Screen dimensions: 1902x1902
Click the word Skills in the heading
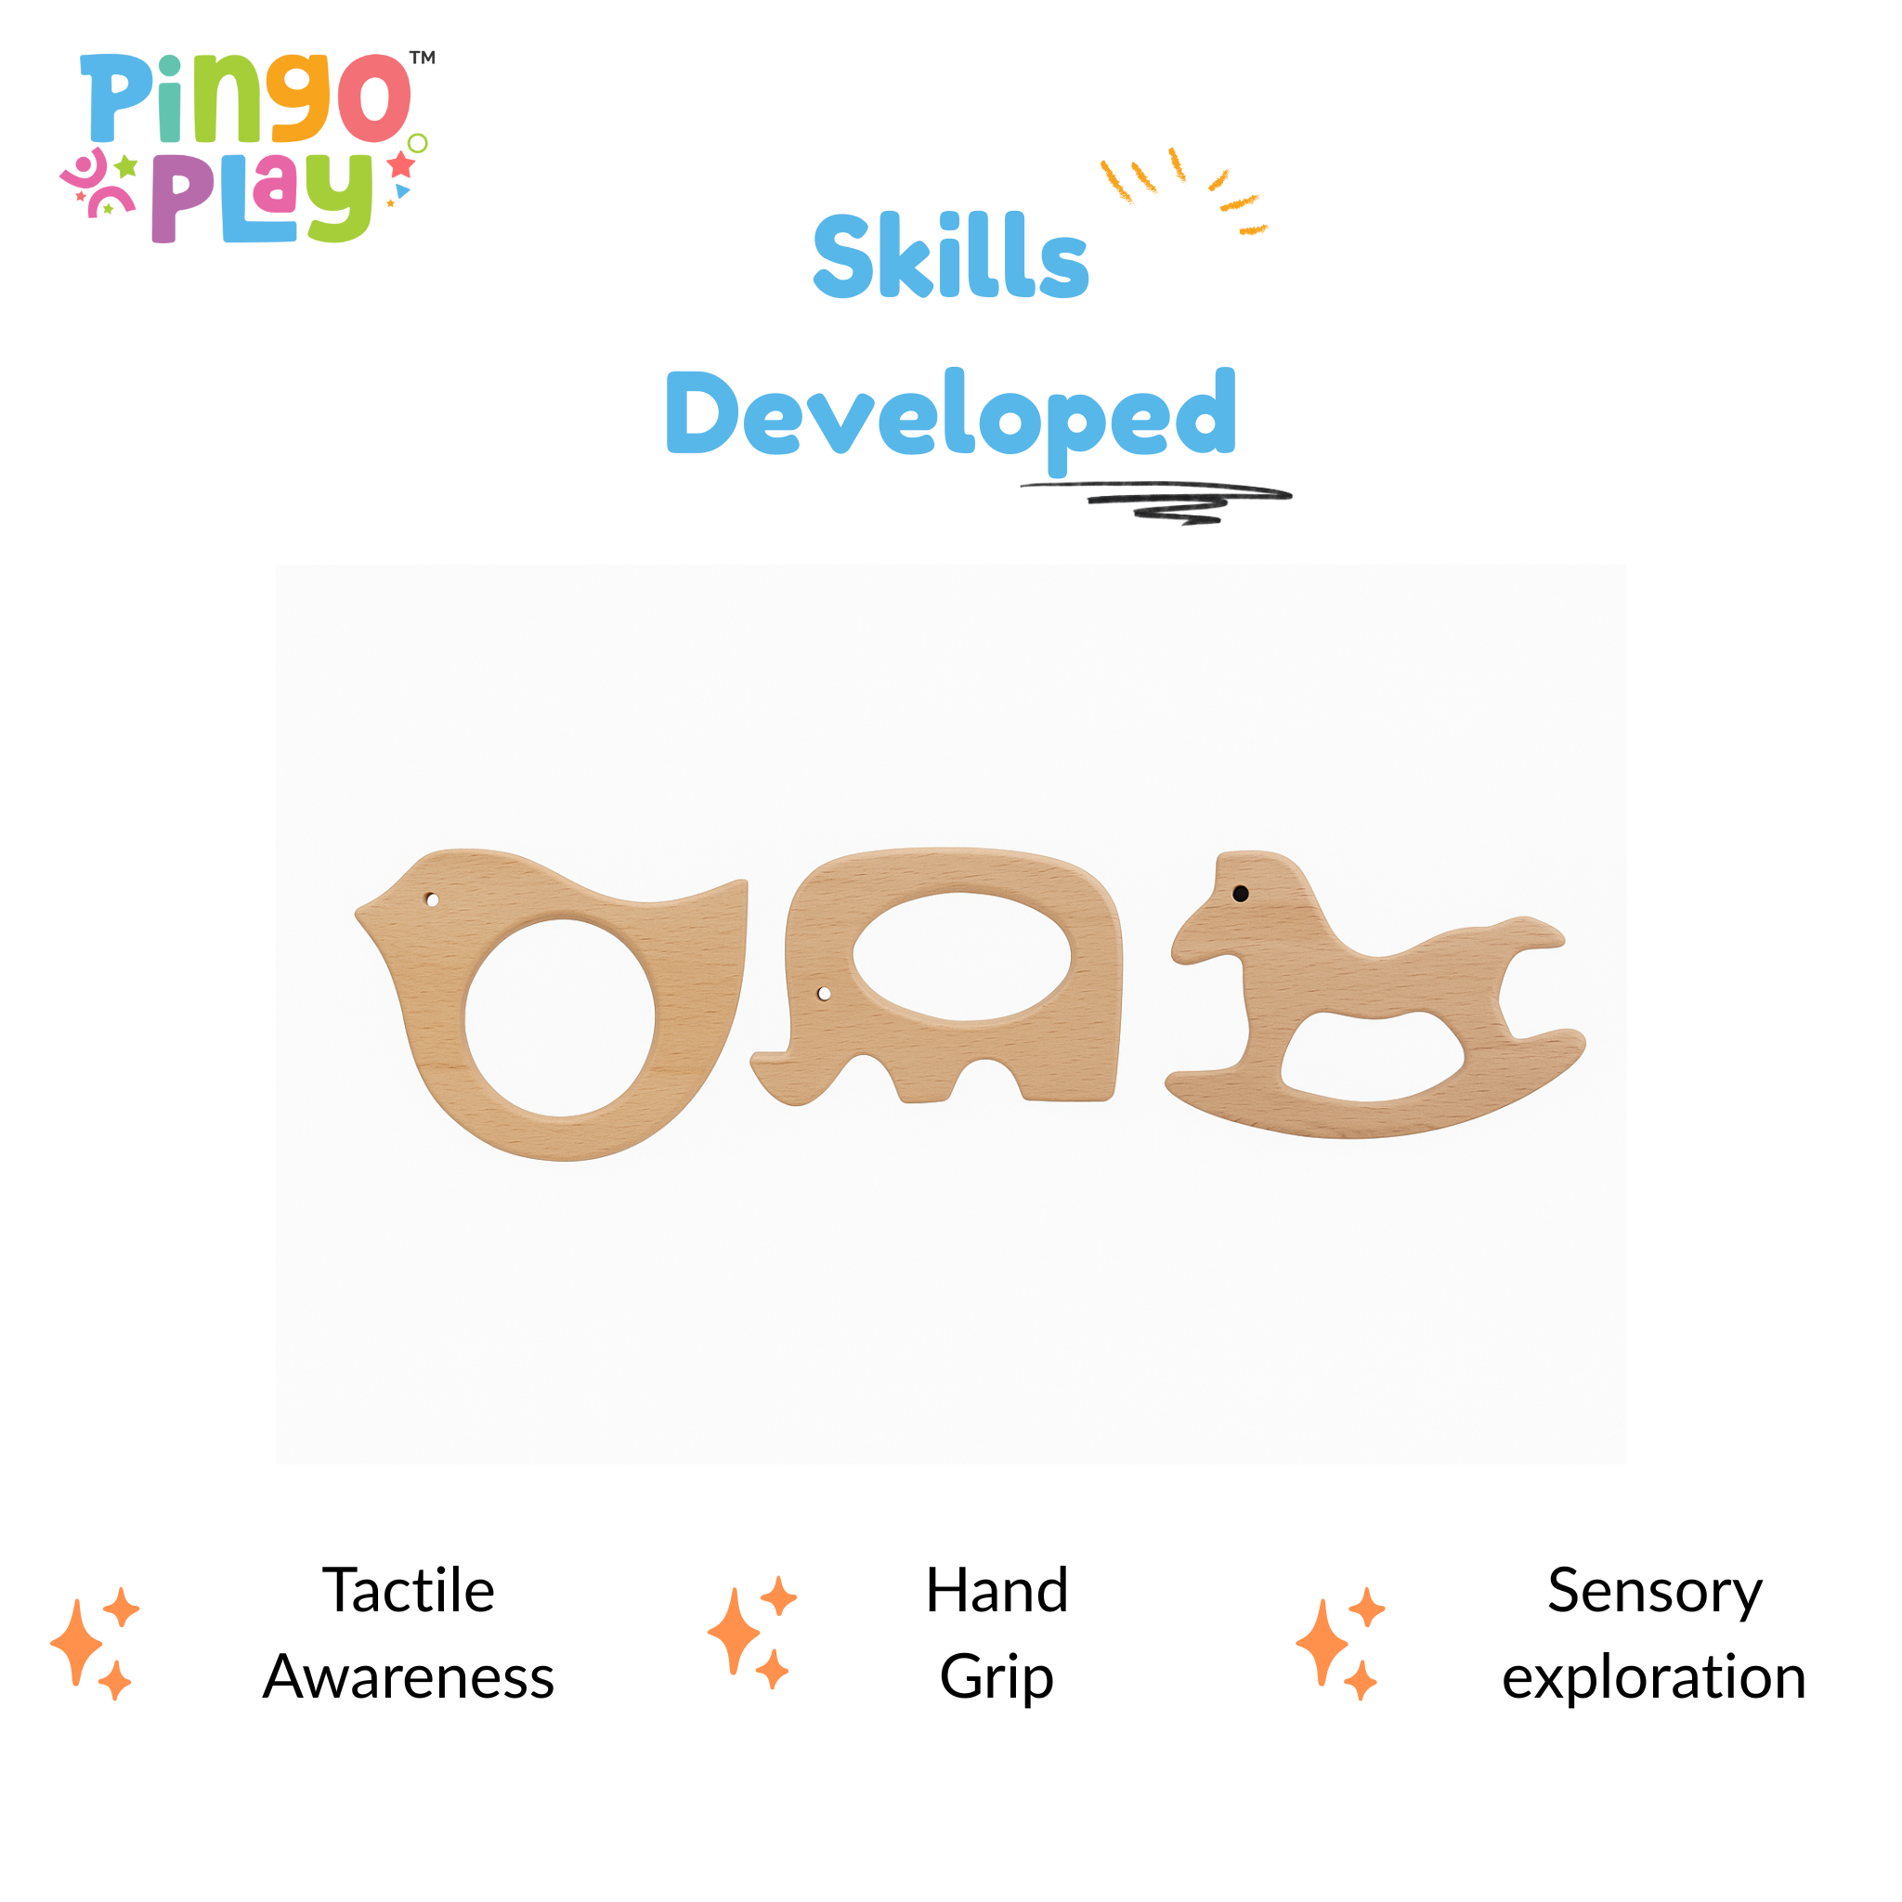coord(951,255)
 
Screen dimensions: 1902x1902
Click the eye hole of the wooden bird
coord(432,900)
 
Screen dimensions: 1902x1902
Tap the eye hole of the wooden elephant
coord(824,994)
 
